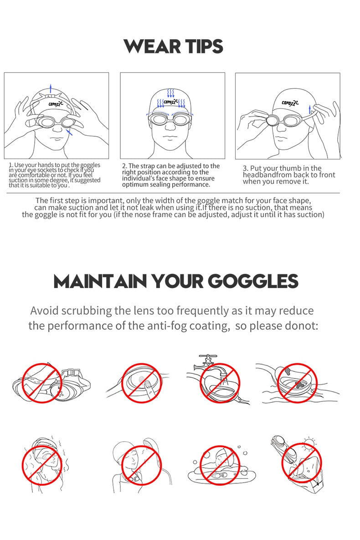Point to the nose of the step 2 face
point(170,125)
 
